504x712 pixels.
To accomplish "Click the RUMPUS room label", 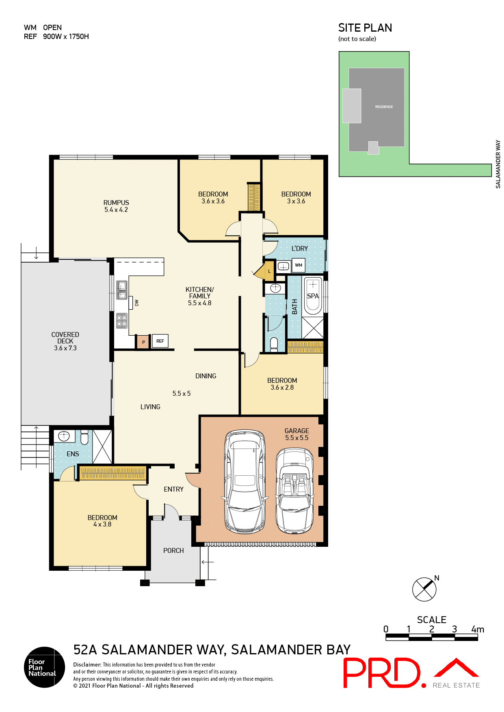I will click(116, 203).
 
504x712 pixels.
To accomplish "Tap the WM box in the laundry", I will click(299, 265).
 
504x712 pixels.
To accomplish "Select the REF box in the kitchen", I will click(160, 341).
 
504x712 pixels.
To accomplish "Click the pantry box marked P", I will click(143, 342).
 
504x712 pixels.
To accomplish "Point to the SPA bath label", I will click(313, 296).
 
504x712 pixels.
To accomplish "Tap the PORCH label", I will click(173, 550).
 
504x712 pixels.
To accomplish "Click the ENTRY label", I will click(173, 489).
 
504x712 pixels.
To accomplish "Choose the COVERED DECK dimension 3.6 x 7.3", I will click(65, 348).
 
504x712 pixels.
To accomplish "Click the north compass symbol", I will click(424, 589).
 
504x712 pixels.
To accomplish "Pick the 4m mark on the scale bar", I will click(478, 630).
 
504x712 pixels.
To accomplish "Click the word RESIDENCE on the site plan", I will click(384, 107).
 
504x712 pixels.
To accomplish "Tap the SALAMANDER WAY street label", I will click(498, 164).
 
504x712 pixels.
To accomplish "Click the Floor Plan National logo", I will click(44, 667).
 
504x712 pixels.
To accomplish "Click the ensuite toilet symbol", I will click(84, 438).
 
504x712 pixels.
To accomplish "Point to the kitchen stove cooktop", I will click(122, 321).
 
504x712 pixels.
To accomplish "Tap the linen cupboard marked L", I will click(269, 271).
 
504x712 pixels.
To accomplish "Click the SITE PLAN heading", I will click(365, 28).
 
